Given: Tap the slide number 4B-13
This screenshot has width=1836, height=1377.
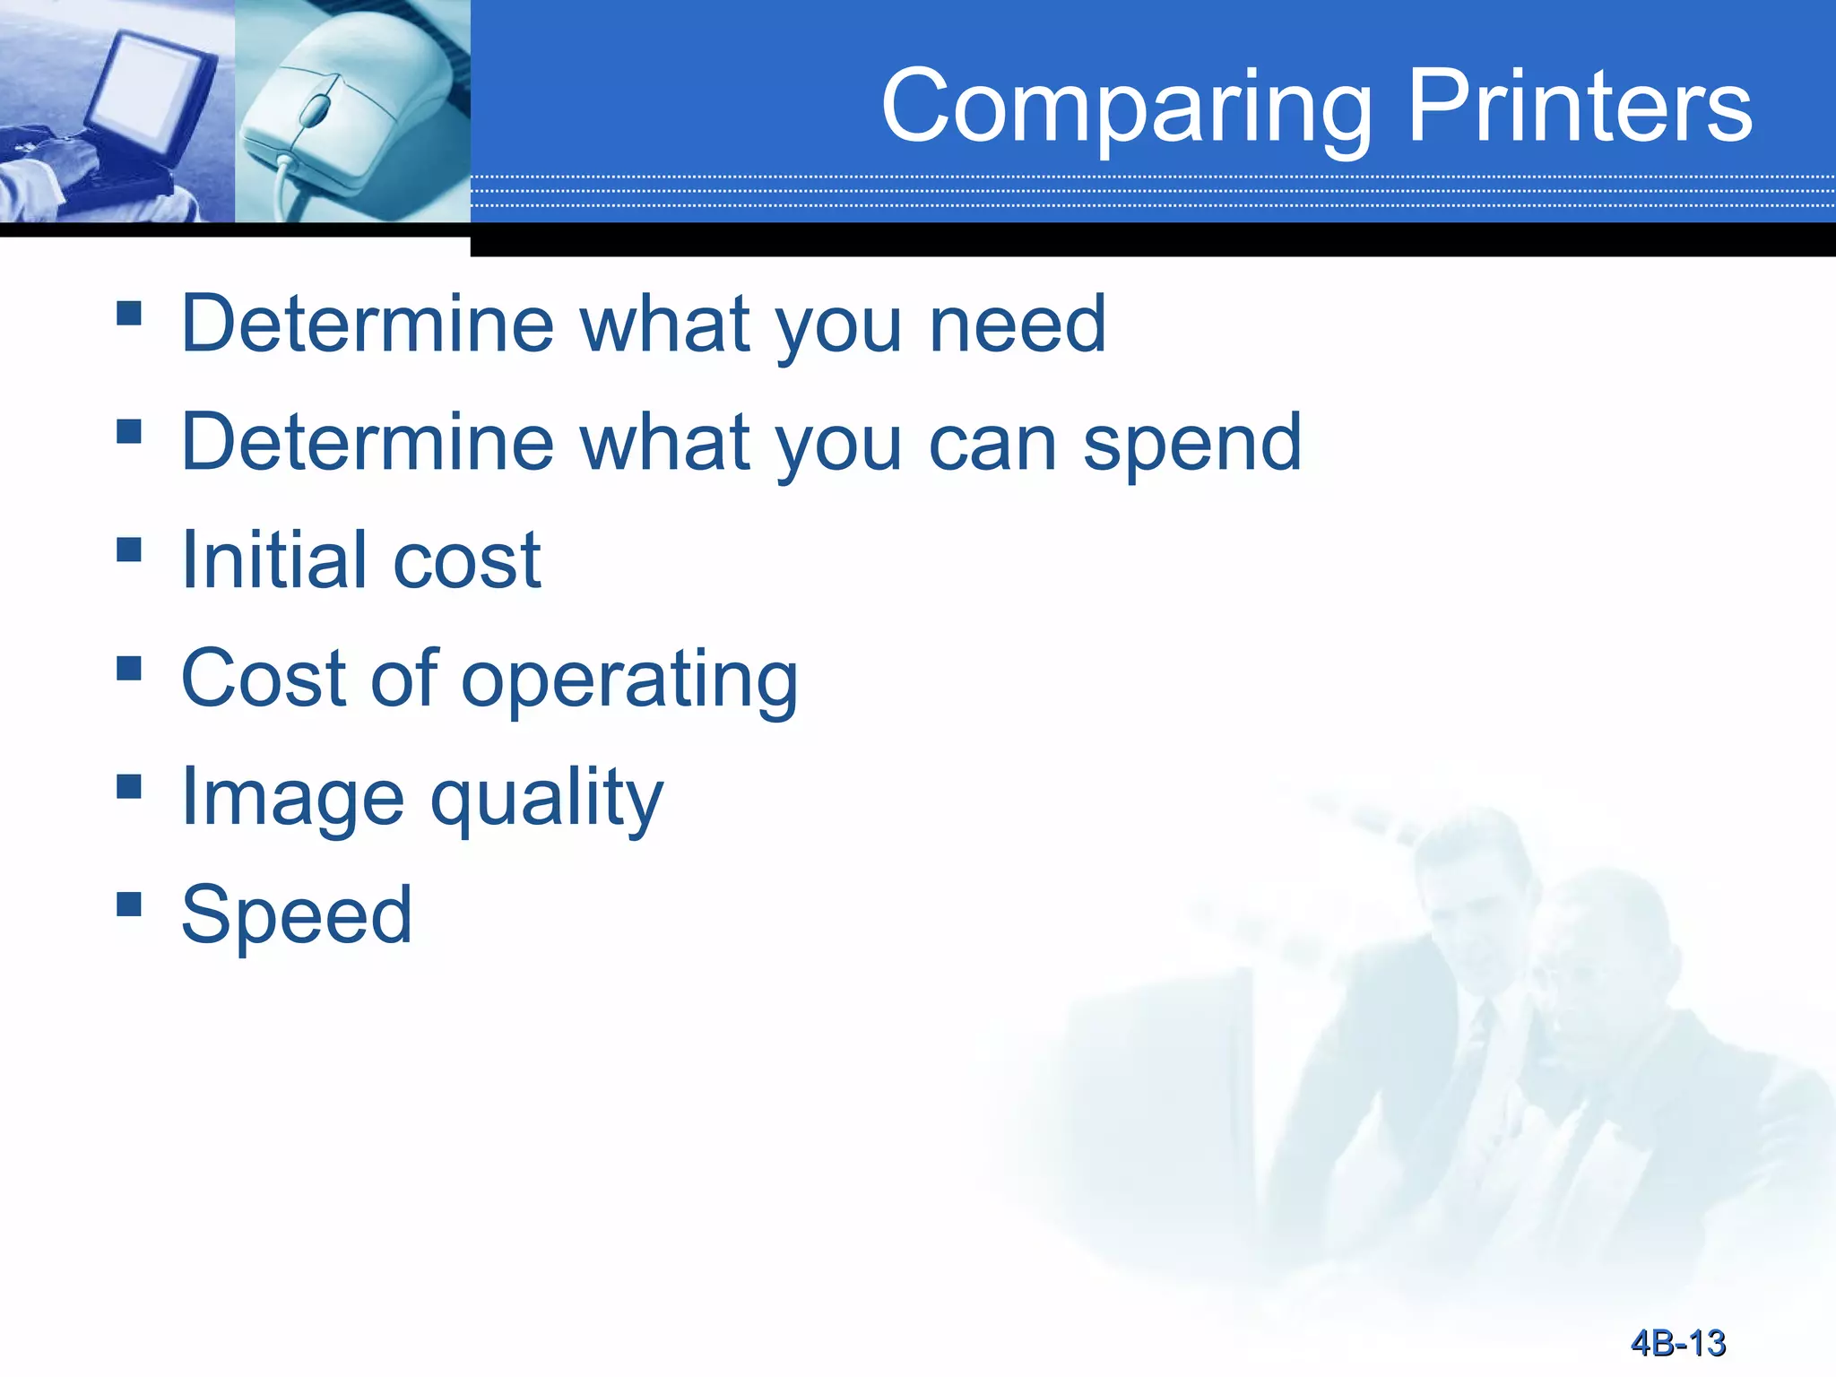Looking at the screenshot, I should pyautogui.click(x=1678, y=1343).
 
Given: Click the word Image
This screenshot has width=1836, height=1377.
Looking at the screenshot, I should pyautogui.click(x=292, y=798).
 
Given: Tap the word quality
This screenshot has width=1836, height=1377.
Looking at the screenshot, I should pyautogui.click(x=547, y=798).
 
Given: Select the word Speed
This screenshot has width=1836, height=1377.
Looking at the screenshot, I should pyautogui.click(x=296, y=914).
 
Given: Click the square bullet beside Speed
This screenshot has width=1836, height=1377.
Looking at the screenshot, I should pyautogui.click(x=129, y=903).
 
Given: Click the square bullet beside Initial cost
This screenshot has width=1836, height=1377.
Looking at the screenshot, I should pyautogui.click(x=129, y=549).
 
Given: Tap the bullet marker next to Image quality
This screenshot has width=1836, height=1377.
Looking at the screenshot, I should pyautogui.click(x=129, y=785).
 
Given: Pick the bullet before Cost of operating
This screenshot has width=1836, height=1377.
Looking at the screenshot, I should pyautogui.click(x=129, y=668).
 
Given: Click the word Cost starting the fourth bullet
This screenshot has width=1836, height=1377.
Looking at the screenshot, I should pyautogui.click(x=262, y=680).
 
